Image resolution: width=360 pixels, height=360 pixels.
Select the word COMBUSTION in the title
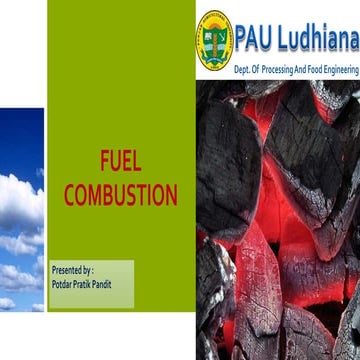(120, 195)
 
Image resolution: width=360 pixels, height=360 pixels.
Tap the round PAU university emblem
(214, 40)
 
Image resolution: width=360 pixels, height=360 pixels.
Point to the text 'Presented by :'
(72, 271)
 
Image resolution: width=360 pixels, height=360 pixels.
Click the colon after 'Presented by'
(92, 271)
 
